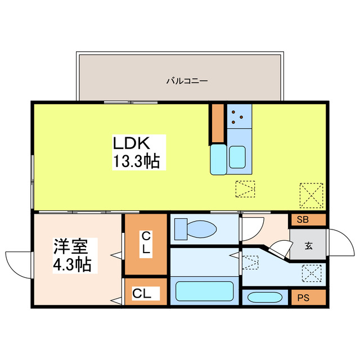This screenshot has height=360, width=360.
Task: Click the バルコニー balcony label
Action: coord(187,81)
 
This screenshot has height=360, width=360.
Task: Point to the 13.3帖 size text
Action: coord(137,162)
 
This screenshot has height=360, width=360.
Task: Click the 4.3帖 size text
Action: coord(72,264)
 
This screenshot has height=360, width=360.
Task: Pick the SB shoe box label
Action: coord(303,220)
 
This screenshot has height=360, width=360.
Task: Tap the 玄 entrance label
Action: coord(309,245)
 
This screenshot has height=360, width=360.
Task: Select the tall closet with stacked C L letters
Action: coord(145,244)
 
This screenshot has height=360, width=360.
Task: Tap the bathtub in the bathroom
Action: coord(204,291)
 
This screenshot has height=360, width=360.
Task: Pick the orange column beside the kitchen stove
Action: coord(218,122)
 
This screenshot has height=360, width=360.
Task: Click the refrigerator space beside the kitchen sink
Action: coord(218,160)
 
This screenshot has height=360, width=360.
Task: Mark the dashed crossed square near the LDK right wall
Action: coord(312,195)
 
